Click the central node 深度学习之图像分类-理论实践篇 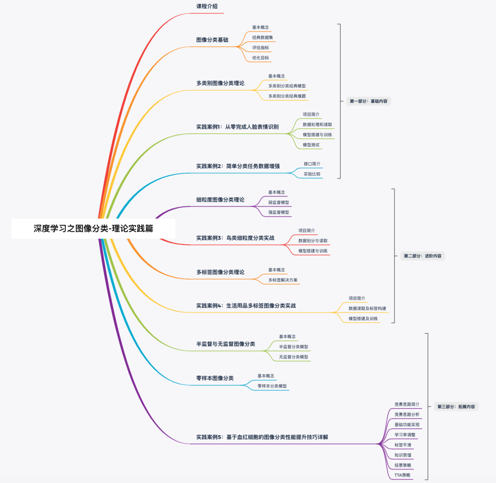(93, 228)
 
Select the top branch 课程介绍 (207, 6)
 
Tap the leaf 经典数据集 (263, 37)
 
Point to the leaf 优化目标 (260, 58)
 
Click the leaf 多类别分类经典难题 (287, 96)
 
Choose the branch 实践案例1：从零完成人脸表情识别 (237, 127)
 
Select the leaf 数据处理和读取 (317, 125)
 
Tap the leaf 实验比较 (312, 174)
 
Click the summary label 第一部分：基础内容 (368, 101)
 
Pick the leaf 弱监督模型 (278, 202)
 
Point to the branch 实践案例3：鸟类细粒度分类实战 (235, 238)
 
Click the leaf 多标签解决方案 (283, 280)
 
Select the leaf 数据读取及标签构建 (367, 308)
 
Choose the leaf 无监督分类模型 (293, 357)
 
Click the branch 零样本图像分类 (215, 378)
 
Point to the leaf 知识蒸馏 (403, 455)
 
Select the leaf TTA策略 (402, 475)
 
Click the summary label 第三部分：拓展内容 (456, 407)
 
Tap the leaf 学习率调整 (405, 434)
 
